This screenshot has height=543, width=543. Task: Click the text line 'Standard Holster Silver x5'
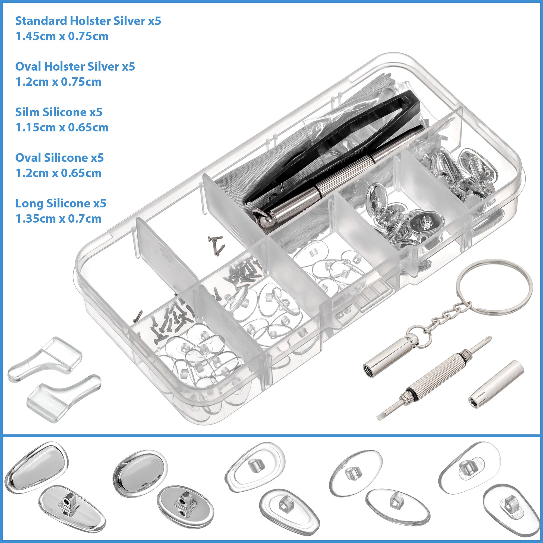pos(88,21)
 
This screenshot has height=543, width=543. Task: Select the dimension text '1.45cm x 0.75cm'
pos(62,37)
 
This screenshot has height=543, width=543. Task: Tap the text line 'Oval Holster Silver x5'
pos(75,67)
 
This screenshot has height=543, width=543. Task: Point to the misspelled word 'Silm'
pos(27,112)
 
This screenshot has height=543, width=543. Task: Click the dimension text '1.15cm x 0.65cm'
pos(62,128)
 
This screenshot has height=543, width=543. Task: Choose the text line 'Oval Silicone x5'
pos(59,158)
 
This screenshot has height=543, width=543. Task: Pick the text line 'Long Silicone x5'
pos(61,203)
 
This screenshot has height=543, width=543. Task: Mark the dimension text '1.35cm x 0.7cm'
pos(58,219)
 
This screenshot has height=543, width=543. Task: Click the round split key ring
pos(494,287)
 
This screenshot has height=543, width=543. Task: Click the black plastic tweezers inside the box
pos(332,146)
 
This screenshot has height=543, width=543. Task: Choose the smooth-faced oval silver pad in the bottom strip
pos(140,472)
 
